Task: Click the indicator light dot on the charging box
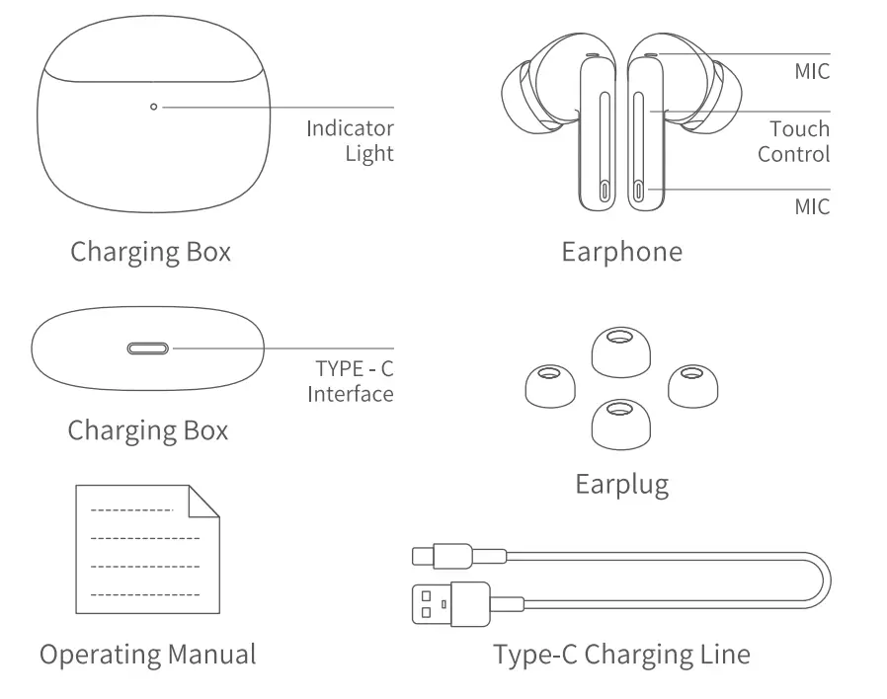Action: pyautogui.click(x=153, y=106)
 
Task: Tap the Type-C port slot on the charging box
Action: pyautogui.click(x=148, y=349)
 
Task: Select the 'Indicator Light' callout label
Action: pyautogui.click(x=350, y=141)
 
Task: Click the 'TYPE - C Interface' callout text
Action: pyautogui.click(x=351, y=382)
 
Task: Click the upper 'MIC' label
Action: pyautogui.click(x=812, y=72)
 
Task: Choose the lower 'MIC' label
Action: pyautogui.click(x=812, y=207)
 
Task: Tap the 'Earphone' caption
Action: pyautogui.click(x=621, y=252)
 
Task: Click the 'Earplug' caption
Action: pyautogui.click(x=621, y=484)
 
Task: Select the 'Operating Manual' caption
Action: pyautogui.click(x=147, y=654)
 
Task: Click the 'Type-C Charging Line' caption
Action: pyautogui.click(x=621, y=654)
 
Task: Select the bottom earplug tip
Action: pyautogui.click(x=619, y=420)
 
